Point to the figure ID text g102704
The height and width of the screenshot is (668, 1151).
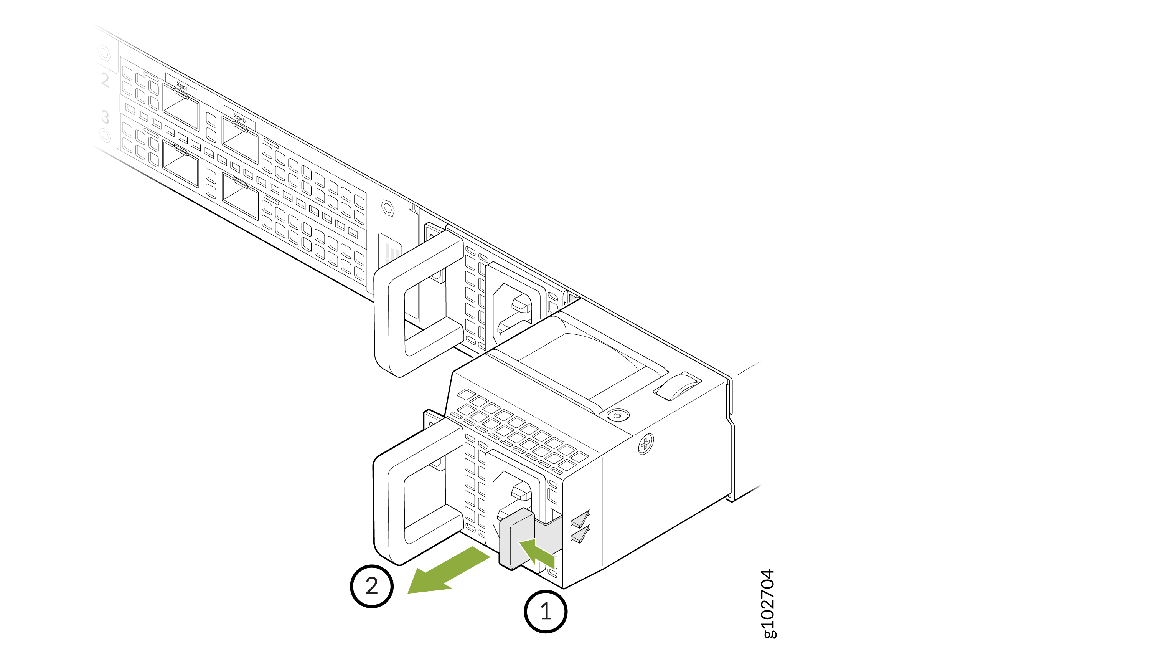tap(768, 603)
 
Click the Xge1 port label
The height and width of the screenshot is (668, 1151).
tap(182, 86)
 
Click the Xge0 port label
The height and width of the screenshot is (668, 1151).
tap(240, 118)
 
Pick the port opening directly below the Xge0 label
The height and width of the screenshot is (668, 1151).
tap(240, 139)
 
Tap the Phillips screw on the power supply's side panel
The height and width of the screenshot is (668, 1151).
tap(645, 443)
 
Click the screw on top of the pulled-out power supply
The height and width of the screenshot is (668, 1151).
tap(618, 415)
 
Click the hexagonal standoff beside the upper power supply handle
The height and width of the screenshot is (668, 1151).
tap(388, 208)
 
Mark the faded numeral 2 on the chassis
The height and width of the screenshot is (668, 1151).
tap(105, 79)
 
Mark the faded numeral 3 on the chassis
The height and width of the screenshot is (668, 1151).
tap(105, 117)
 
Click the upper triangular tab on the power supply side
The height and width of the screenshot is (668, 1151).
tap(580, 519)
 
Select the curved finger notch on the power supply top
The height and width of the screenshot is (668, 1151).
tap(677, 386)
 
